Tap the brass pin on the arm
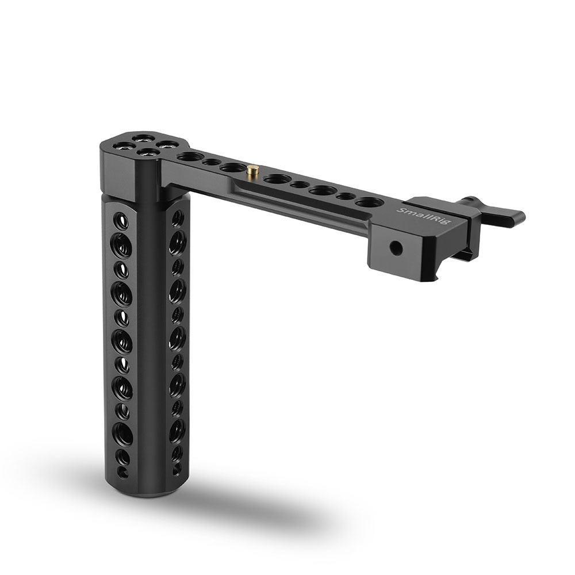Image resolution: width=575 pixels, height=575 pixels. coord(252,170)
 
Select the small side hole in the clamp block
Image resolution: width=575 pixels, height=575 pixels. coord(396,248)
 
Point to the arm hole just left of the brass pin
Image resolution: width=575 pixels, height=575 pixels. coord(232,167)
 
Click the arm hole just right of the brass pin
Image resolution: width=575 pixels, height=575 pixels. coord(277,178)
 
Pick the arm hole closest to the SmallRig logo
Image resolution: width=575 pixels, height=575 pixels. coord(369,202)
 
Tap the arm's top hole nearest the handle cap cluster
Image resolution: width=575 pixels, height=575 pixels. coord(190,156)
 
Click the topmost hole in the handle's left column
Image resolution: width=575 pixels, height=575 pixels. coord(121,220)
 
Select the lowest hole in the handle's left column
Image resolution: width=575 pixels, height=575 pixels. coord(123,472)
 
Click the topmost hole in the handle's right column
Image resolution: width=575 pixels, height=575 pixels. coord(178,218)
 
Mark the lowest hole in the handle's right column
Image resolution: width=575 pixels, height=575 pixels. coord(177,468)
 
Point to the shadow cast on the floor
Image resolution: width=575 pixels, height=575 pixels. coord(259,506)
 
